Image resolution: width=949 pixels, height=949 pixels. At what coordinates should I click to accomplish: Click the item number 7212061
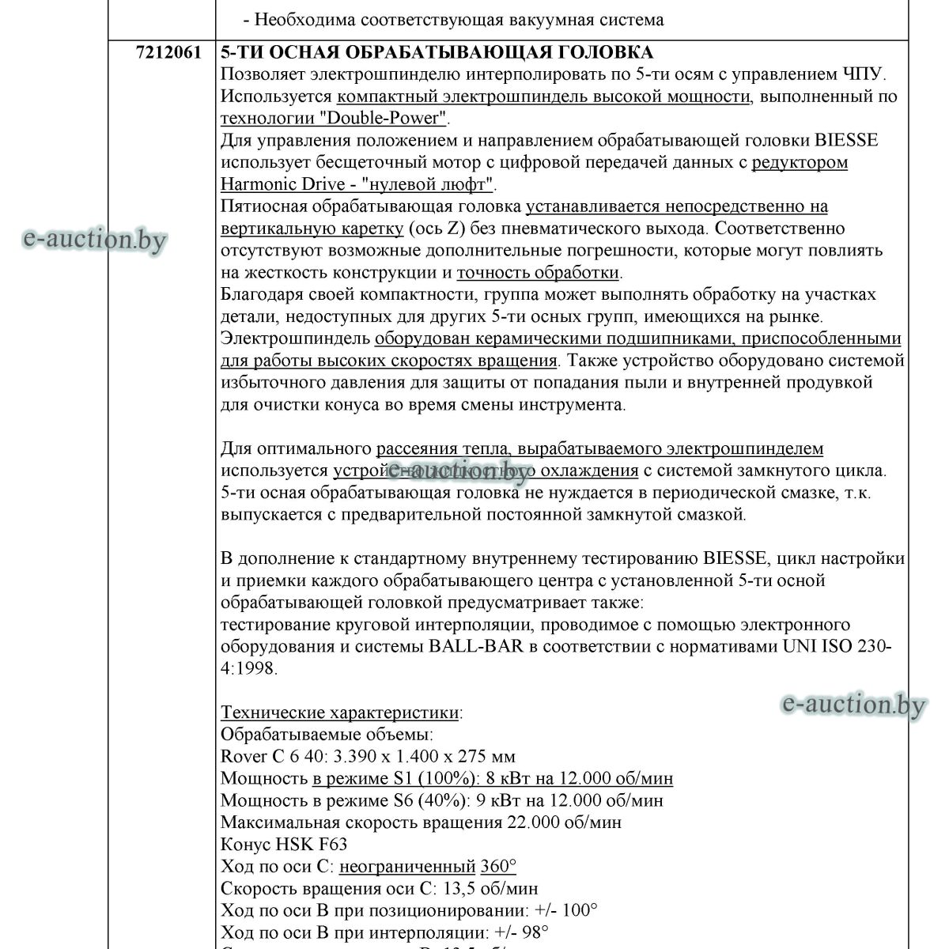pos(168,52)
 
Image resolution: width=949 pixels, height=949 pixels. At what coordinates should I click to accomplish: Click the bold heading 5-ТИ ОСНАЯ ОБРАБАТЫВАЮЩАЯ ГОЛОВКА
pos(437,52)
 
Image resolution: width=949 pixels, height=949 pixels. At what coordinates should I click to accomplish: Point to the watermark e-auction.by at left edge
pos(94,238)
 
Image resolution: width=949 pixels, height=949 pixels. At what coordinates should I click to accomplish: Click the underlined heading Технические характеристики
pos(340,713)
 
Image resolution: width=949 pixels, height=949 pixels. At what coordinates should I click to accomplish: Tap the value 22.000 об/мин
pos(563,822)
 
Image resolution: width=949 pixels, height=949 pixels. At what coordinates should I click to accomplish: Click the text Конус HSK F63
pos(284,845)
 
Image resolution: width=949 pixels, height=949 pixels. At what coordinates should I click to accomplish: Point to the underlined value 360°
pos(498,867)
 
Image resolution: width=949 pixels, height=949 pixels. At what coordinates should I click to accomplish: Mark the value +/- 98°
pos(522,932)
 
